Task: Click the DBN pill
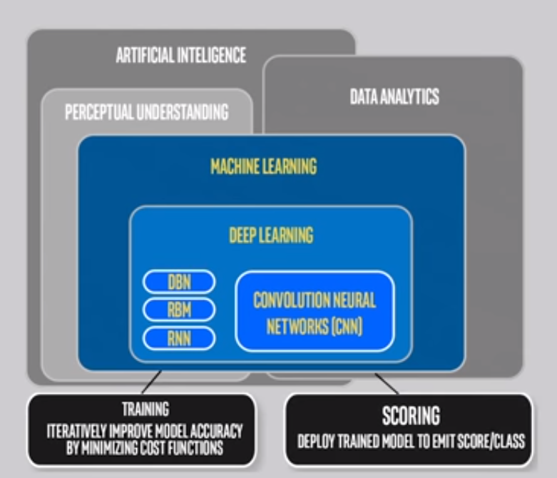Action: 179,282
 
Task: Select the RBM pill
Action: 179,310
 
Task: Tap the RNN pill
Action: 179,337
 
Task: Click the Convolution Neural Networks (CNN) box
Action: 315,311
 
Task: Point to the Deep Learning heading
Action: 270,235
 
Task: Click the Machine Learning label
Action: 263,167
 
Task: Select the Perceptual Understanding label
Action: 146,113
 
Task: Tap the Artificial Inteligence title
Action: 180,56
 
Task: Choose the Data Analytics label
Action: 394,97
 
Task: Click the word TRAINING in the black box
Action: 144,410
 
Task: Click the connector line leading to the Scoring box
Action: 386,382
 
